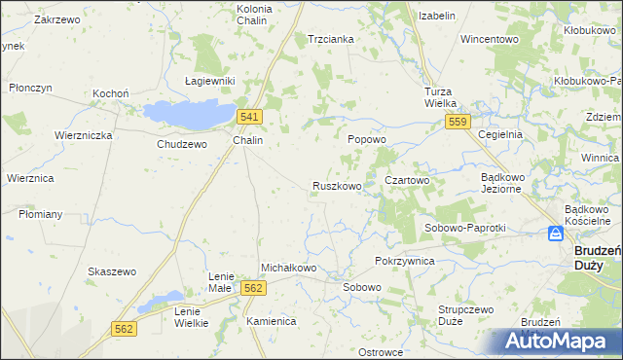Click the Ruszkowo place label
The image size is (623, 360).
pos(337,185)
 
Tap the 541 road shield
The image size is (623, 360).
pos(248,117)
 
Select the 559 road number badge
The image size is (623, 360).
pos(458,122)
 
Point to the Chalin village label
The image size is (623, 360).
pos(248,140)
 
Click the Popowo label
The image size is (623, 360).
pos(367,139)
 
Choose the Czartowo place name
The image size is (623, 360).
pos(407,180)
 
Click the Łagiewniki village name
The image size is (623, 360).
pos(210,81)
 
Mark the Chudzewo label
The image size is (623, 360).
pos(182,144)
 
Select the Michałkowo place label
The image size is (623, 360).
pos(289,268)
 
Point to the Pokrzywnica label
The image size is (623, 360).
pos(404,262)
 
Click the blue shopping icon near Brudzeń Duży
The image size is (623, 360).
pos(555,234)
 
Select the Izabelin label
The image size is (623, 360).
pos(437,17)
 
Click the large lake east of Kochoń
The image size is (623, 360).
pos(190,112)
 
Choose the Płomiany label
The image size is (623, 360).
pos(40,214)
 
